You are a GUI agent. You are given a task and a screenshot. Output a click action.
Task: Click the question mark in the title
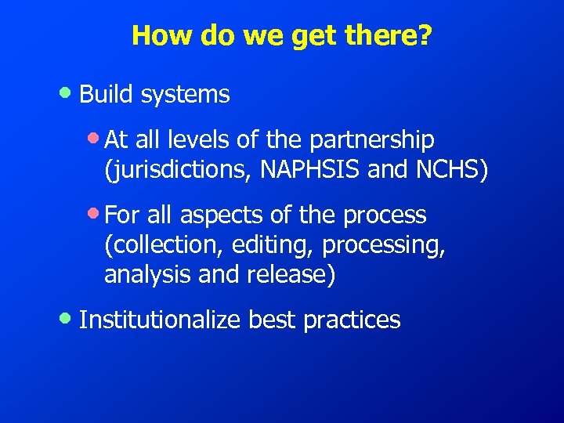(x=424, y=35)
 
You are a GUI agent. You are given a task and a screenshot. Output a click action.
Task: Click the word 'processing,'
(x=383, y=245)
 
